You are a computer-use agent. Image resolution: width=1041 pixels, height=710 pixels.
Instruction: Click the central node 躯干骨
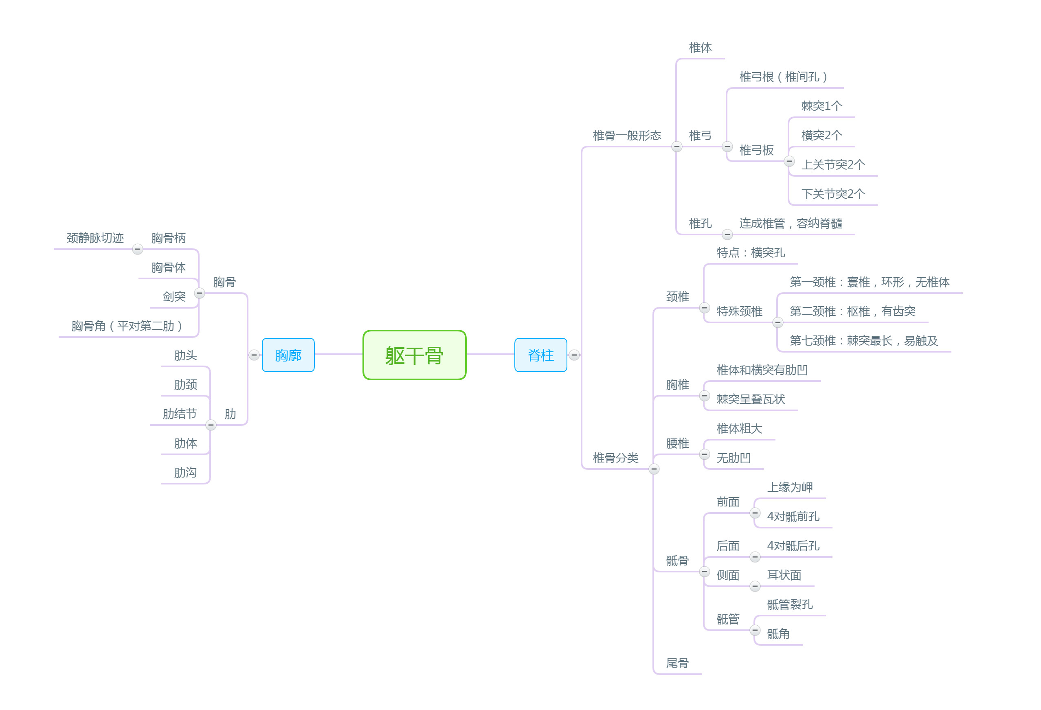[414, 355]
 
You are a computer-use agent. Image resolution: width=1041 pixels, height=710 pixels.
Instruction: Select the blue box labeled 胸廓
[288, 355]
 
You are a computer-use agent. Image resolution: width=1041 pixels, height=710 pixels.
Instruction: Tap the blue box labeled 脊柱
[540, 355]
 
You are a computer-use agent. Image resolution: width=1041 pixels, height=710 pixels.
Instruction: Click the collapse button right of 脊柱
[574, 355]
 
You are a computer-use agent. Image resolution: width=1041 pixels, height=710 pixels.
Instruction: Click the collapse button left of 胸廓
[254, 355]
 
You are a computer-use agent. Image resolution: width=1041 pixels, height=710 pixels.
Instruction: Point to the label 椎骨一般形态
[627, 136]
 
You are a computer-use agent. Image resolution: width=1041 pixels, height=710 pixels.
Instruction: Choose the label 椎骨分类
[615, 458]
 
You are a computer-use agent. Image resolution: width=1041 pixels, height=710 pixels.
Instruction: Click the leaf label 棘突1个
[821, 106]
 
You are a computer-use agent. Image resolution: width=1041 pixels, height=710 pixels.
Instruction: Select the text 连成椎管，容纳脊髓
[791, 224]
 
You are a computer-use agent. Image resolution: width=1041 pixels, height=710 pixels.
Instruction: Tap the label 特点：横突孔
[750, 253]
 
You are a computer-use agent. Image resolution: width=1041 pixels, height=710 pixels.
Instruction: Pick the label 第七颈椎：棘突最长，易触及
[863, 341]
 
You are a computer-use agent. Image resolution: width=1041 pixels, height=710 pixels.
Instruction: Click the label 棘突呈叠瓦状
[750, 399]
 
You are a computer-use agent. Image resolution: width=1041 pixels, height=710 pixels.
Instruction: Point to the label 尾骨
[677, 663]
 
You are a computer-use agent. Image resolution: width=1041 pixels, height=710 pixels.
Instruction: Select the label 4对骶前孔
[793, 517]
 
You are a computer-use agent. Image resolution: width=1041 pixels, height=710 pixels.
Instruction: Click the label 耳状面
[784, 575]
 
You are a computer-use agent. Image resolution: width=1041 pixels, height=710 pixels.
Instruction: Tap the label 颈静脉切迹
[95, 238]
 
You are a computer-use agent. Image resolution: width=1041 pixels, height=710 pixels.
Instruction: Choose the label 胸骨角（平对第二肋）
[127, 326]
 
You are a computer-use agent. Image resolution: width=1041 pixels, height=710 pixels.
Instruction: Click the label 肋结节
[180, 414]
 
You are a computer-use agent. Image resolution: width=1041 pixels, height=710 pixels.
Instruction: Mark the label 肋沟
[185, 473]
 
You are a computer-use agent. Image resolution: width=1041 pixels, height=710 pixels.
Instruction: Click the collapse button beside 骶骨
[704, 572]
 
